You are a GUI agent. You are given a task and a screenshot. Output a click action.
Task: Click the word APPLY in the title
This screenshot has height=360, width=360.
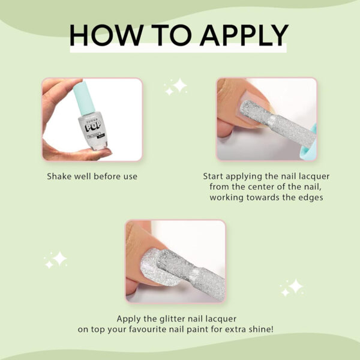pyautogui.click(x=245, y=35)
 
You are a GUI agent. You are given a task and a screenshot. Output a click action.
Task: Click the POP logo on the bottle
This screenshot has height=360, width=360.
pyautogui.click(x=93, y=127)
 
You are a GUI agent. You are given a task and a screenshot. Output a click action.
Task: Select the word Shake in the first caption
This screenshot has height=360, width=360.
pyautogui.click(x=57, y=176)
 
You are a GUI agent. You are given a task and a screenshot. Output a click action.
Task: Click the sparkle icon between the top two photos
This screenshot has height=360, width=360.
pyautogui.click(x=176, y=86)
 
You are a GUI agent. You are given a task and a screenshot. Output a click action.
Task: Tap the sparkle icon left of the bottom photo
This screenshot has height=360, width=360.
pyautogui.click(x=56, y=260)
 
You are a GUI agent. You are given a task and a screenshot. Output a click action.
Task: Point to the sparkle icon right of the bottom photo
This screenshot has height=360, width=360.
pyautogui.click(x=292, y=287)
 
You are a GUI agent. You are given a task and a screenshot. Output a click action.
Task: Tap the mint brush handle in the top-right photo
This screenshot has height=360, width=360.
pyautogui.click(x=312, y=144)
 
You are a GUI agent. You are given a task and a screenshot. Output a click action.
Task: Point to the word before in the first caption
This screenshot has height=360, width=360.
pyautogui.click(x=107, y=176)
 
